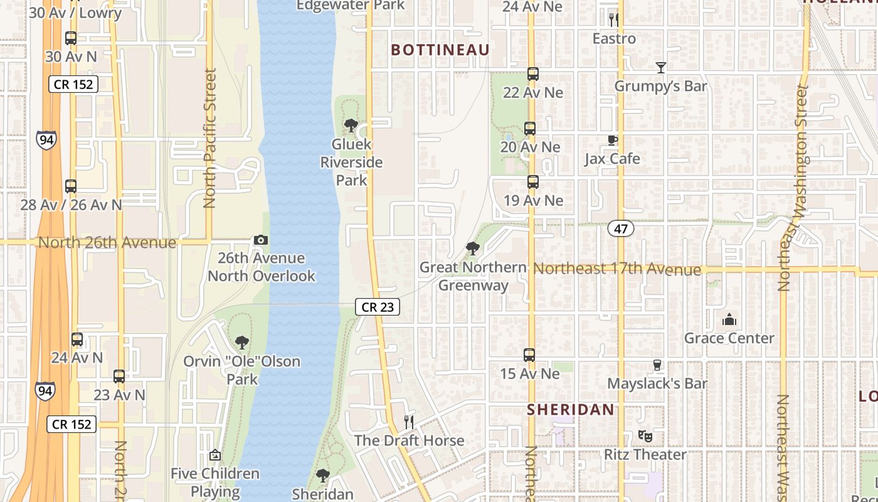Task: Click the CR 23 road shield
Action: point(377,307)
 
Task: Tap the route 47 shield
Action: point(620,228)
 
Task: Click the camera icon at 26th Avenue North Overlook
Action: point(261,240)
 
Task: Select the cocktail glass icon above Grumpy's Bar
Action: point(660,67)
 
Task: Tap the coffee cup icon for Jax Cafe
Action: point(612,140)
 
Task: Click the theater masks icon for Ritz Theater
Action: point(644,435)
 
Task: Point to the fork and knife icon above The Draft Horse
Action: point(409,421)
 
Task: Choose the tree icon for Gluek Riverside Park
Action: point(351,125)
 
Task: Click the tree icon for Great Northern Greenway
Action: point(473,248)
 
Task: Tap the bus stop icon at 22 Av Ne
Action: point(532,74)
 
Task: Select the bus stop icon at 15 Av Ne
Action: point(529,355)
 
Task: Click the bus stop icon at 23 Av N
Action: point(119,376)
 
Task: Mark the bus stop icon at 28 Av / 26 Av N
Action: point(71,186)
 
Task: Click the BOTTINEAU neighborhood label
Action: point(440,50)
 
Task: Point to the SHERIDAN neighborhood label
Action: point(570,410)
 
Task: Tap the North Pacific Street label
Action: point(209,138)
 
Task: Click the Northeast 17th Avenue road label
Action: point(616,269)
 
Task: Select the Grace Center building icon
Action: point(729,320)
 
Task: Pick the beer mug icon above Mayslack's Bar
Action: point(657,365)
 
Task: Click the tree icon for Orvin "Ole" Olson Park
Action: point(241,343)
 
